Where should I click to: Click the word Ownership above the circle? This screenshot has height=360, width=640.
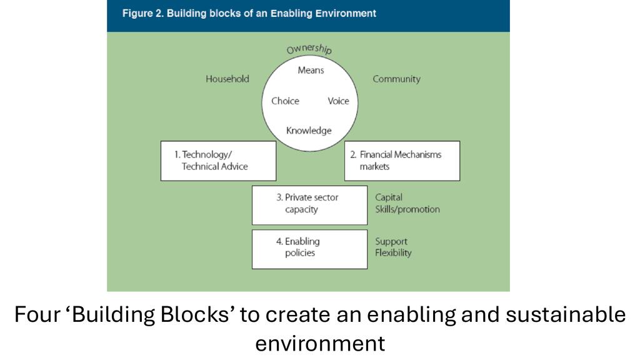(x=309, y=49)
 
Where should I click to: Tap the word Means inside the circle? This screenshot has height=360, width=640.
(x=311, y=70)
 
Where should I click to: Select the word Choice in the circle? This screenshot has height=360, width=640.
(x=285, y=101)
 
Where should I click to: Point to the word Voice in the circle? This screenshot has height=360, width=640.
(x=338, y=101)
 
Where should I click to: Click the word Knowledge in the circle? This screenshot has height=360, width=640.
(x=309, y=131)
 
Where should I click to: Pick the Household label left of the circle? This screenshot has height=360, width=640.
(x=227, y=79)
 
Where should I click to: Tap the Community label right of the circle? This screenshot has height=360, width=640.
(x=396, y=79)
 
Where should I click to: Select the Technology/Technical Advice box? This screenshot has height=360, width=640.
(x=218, y=161)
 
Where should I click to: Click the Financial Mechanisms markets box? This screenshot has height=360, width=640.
(x=402, y=161)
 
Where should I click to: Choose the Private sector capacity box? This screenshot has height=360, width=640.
(x=309, y=204)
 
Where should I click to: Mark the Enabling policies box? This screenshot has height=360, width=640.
(x=309, y=248)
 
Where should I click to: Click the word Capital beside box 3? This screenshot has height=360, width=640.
(x=389, y=197)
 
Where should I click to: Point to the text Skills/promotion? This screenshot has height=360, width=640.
(x=407, y=209)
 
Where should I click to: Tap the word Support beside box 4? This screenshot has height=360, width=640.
(x=391, y=241)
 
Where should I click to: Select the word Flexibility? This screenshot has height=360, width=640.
(x=393, y=253)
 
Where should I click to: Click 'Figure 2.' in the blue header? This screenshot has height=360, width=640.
(x=142, y=13)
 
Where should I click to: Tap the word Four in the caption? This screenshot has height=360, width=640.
(x=38, y=314)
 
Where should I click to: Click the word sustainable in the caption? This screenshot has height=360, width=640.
(x=565, y=314)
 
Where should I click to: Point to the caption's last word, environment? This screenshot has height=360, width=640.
(x=319, y=343)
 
